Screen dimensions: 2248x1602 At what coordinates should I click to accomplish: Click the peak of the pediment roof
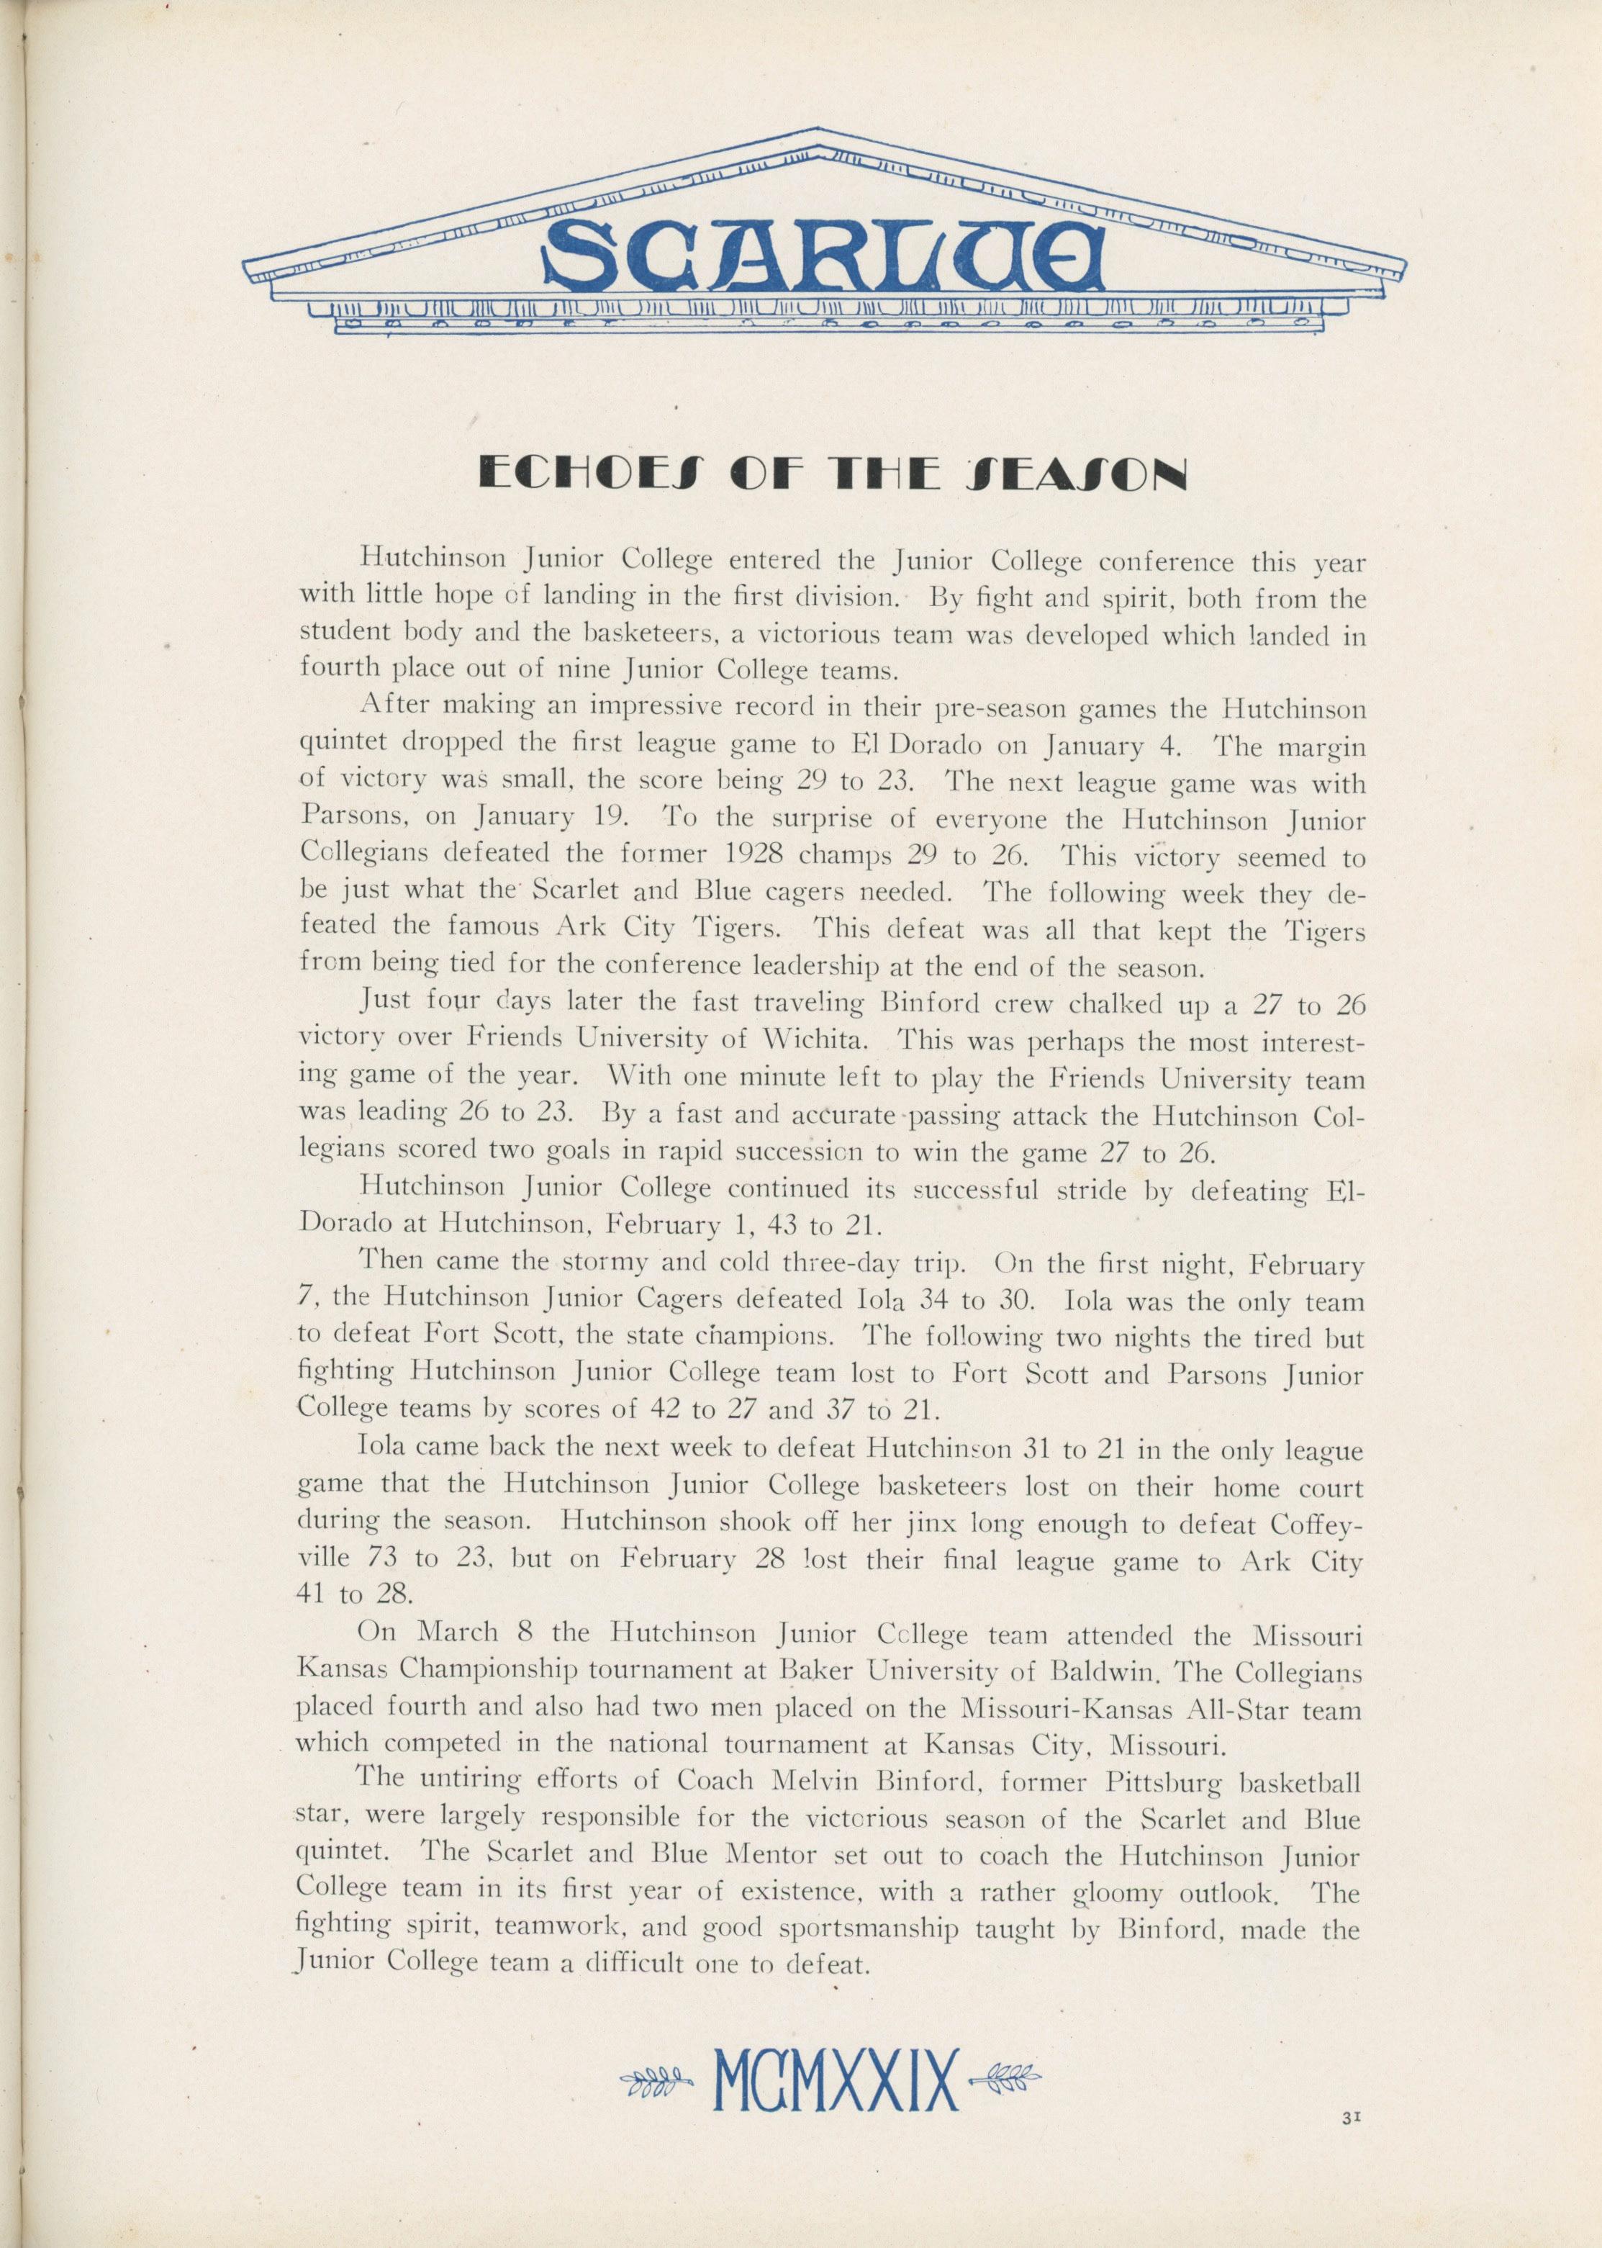[x=815, y=131]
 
